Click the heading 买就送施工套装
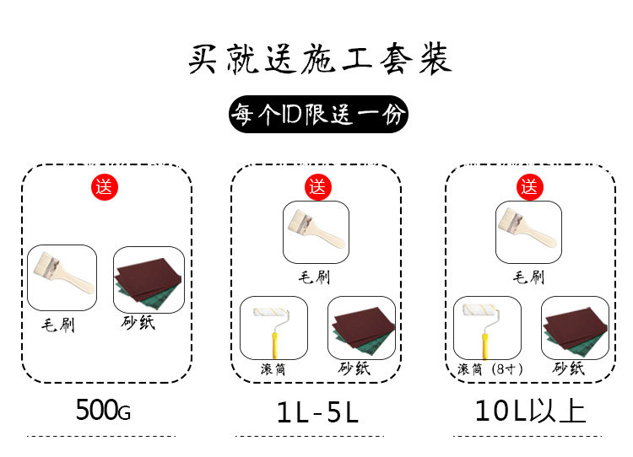[319, 60]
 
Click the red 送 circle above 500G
[104, 187]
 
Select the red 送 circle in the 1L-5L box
[316, 187]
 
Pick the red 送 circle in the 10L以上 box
[529, 187]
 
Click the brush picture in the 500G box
[62, 277]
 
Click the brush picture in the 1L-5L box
[316, 232]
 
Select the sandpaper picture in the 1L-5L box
[360, 327]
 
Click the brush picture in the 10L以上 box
[528, 232]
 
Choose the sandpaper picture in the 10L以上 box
[574, 327]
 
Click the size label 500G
[104, 411]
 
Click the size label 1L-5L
[317, 412]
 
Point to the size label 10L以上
[529, 411]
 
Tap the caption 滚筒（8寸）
[490, 369]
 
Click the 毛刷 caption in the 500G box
[58, 325]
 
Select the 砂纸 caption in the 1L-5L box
[355, 368]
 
